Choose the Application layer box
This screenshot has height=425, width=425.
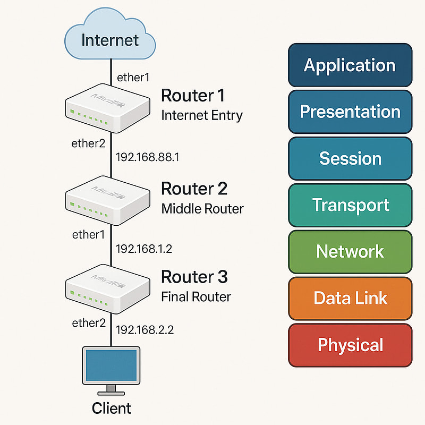click(350, 65)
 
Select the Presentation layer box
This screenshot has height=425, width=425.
click(350, 112)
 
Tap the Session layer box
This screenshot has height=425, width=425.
click(350, 158)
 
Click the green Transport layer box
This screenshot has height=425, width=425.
click(350, 205)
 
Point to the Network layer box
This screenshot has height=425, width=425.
click(350, 251)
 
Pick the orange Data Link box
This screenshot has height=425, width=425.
click(350, 298)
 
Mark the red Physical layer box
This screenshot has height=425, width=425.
click(350, 345)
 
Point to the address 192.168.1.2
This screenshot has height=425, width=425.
click(144, 249)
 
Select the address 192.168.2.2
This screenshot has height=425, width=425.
click(144, 330)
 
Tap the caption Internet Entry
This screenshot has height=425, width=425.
click(201, 115)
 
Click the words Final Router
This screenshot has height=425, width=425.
click(196, 296)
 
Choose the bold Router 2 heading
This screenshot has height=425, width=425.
click(194, 189)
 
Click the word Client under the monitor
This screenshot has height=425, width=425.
click(111, 408)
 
